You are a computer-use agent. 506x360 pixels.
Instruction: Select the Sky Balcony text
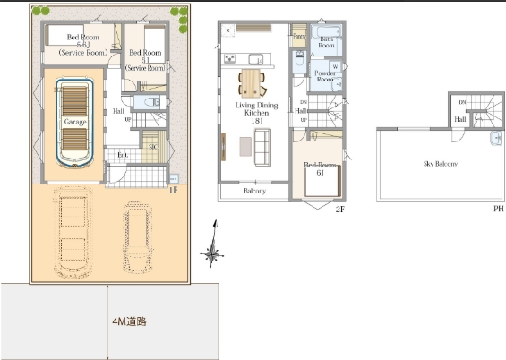point(440,165)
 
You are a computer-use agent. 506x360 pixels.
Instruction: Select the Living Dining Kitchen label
point(255,111)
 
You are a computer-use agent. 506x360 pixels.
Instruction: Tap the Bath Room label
point(327,42)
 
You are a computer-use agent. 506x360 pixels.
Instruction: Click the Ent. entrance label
point(122,155)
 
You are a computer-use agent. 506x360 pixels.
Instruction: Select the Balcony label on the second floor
point(253,191)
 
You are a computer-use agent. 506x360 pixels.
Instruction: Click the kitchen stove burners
point(229,59)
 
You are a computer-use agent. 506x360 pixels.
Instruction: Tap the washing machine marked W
point(335,66)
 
